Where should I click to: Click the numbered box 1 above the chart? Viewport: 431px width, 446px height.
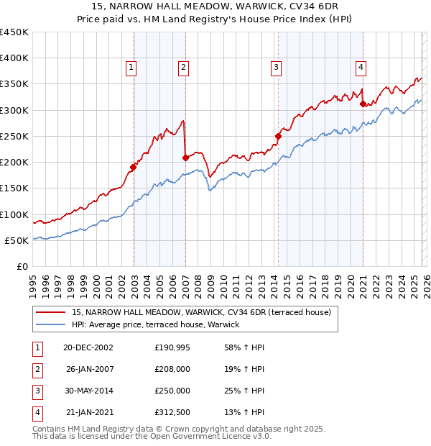(132, 68)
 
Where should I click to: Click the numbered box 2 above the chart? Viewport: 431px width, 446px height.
(184, 68)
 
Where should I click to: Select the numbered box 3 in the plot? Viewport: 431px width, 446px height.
(277, 68)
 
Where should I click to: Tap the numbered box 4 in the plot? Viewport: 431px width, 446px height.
(361, 68)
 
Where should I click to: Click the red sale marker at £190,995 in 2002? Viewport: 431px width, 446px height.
(133, 167)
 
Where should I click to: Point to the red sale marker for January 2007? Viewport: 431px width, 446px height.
(185, 158)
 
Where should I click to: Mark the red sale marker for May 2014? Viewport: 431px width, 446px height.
(278, 135)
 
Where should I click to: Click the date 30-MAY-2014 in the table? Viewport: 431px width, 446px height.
(88, 391)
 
